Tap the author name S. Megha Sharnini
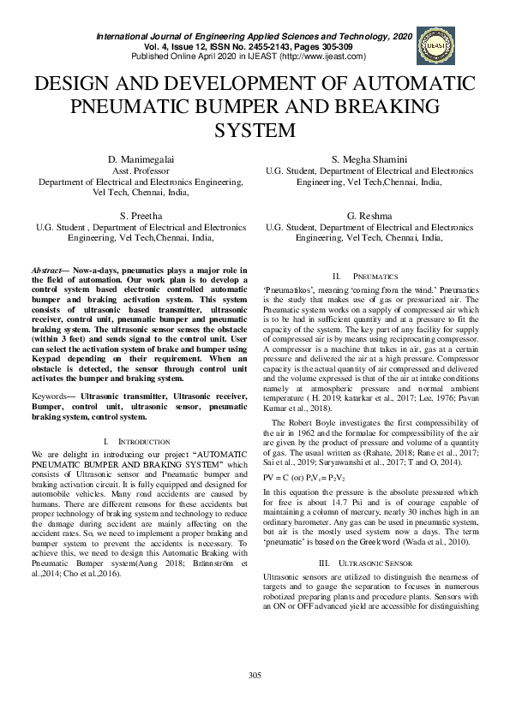[x=369, y=160]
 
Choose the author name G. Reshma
[x=369, y=216]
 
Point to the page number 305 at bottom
[x=255, y=700]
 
